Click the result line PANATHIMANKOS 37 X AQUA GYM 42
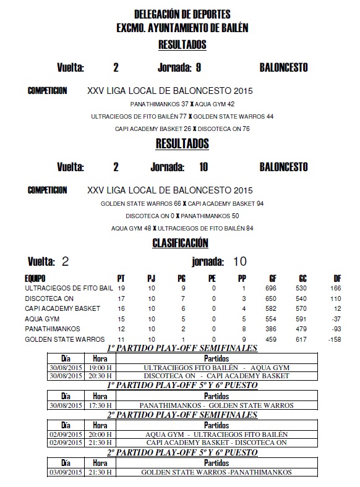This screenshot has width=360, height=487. [182, 104]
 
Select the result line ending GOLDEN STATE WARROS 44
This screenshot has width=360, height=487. [182, 116]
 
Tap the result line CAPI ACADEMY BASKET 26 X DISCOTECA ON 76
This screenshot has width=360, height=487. [182, 129]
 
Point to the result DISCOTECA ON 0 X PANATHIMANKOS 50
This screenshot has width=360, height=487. [182, 216]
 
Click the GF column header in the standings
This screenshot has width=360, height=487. [273, 279]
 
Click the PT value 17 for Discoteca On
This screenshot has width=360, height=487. [121, 299]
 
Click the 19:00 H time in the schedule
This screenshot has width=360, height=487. [100, 367]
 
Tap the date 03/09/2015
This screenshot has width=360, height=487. [66, 472]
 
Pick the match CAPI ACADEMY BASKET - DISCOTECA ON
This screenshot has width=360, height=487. [216, 443]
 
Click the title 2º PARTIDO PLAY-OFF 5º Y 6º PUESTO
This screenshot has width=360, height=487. [182, 453]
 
